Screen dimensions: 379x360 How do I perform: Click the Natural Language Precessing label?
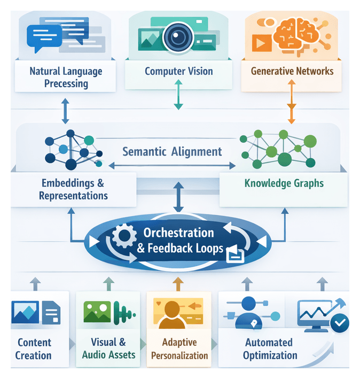click(x=66, y=77)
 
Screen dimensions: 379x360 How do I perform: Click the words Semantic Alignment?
click(x=172, y=151)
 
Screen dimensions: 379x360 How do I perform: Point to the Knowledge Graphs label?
click(x=284, y=183)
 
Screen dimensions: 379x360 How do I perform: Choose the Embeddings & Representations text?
click(x=73, y=189)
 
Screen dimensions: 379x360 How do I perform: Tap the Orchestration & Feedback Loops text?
click(x=179, y=241)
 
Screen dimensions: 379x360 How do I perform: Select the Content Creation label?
click(x=34, y=349)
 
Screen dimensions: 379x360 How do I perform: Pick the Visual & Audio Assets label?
click(x=108, y=348)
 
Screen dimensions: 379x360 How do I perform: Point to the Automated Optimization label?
click(x=268, y=349)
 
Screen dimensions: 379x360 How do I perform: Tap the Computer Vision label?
click(x=178, y=71)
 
